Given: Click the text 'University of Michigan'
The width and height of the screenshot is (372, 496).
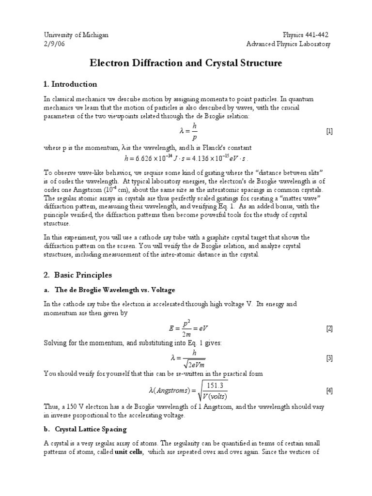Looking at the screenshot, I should (x=76, y=35).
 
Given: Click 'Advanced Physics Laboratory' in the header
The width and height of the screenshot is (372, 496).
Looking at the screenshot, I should (x=288, y=44).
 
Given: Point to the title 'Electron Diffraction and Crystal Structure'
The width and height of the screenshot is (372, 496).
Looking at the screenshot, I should (x=186, y=63).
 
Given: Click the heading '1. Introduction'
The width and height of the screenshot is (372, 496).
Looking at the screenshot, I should (x=70, y=84).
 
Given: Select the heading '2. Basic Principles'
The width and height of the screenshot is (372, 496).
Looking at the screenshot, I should (x=77, y=275).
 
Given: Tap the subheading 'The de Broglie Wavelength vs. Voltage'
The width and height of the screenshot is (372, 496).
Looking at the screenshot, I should (x=115, y=290).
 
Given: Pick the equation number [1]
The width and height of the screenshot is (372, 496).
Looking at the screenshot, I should (x=329, y=132).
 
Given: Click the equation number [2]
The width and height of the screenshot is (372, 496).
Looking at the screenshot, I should (x=329, y=329).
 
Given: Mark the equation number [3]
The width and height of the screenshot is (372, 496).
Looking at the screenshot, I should (x=329, y=358).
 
